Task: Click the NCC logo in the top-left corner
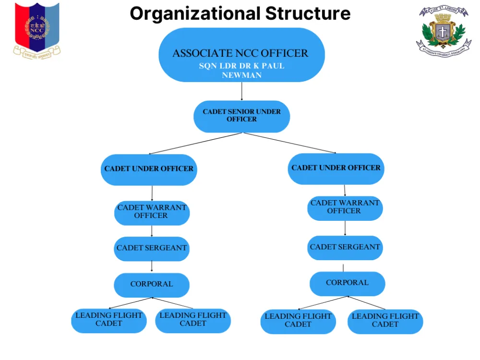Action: pos(36,30)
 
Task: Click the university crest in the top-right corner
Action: pos(443,31)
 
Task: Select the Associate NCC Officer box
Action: pos(241,55)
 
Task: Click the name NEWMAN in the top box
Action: pos(241,75)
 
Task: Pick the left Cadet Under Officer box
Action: pos(149,169)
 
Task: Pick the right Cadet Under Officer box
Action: pos(336,168)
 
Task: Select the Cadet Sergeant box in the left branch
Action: pos(152,249)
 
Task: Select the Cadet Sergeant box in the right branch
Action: pos(345,248)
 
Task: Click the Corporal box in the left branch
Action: pos(152,285)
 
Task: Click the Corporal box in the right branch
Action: pos(347,283)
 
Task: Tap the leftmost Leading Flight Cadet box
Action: pos(109,320)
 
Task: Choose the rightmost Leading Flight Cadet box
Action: pos(385,321)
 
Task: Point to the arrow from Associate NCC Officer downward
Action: pos(241,91)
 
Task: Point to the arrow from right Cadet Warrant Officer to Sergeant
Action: pos(345,228)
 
